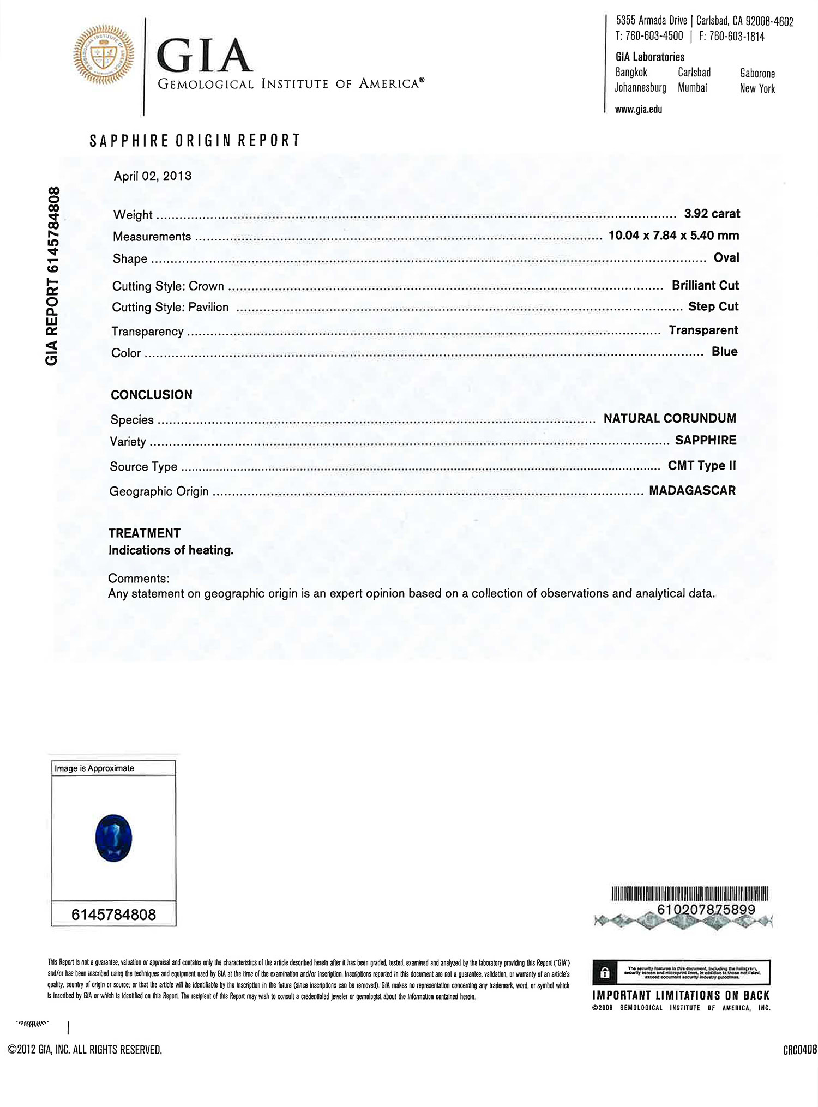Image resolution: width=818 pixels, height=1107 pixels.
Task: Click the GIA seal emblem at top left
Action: pos(104,55)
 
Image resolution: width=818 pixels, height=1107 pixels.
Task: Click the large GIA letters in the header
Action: pos(204,56)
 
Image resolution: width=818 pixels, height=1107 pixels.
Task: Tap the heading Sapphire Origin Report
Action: pos(195,141)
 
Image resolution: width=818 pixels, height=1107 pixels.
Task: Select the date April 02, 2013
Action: pos(153,176)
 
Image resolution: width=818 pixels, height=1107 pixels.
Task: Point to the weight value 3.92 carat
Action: pos(712,214)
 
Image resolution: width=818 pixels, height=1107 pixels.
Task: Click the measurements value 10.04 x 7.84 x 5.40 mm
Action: pos(673,236)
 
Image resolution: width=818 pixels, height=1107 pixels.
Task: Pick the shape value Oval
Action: pos(726,257)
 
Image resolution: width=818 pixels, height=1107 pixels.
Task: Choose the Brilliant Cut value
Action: pos(705,285)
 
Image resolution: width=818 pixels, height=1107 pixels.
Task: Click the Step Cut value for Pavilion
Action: pos(713,306)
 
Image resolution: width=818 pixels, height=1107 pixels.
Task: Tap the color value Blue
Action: pos(724,352)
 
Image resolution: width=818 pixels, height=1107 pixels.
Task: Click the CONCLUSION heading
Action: pos(152,395)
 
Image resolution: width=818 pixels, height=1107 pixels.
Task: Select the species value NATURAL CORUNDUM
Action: pos(670,418)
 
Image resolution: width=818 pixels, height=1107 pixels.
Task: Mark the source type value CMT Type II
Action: pos(702,466)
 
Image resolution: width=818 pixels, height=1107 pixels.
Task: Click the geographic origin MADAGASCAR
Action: pos(692,490)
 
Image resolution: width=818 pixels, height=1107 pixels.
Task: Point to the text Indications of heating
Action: pos(171,550)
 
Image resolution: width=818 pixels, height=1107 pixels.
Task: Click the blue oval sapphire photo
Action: pos(113,838)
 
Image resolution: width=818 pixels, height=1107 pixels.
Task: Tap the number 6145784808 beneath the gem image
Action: pos(113,915)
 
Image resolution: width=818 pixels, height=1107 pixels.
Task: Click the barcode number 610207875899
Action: pos(706,910)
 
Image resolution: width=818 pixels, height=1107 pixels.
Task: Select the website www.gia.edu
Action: pos(639,109)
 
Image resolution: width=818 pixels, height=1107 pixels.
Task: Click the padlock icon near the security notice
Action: pos(604,973)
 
